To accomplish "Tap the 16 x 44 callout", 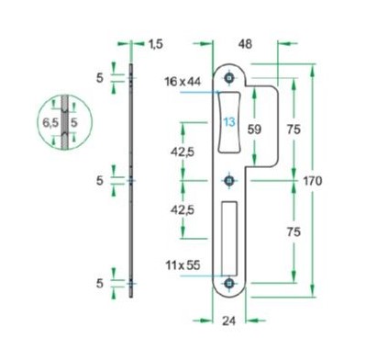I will [x=183, y=83].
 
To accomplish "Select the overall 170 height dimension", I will [x=312, y=182].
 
